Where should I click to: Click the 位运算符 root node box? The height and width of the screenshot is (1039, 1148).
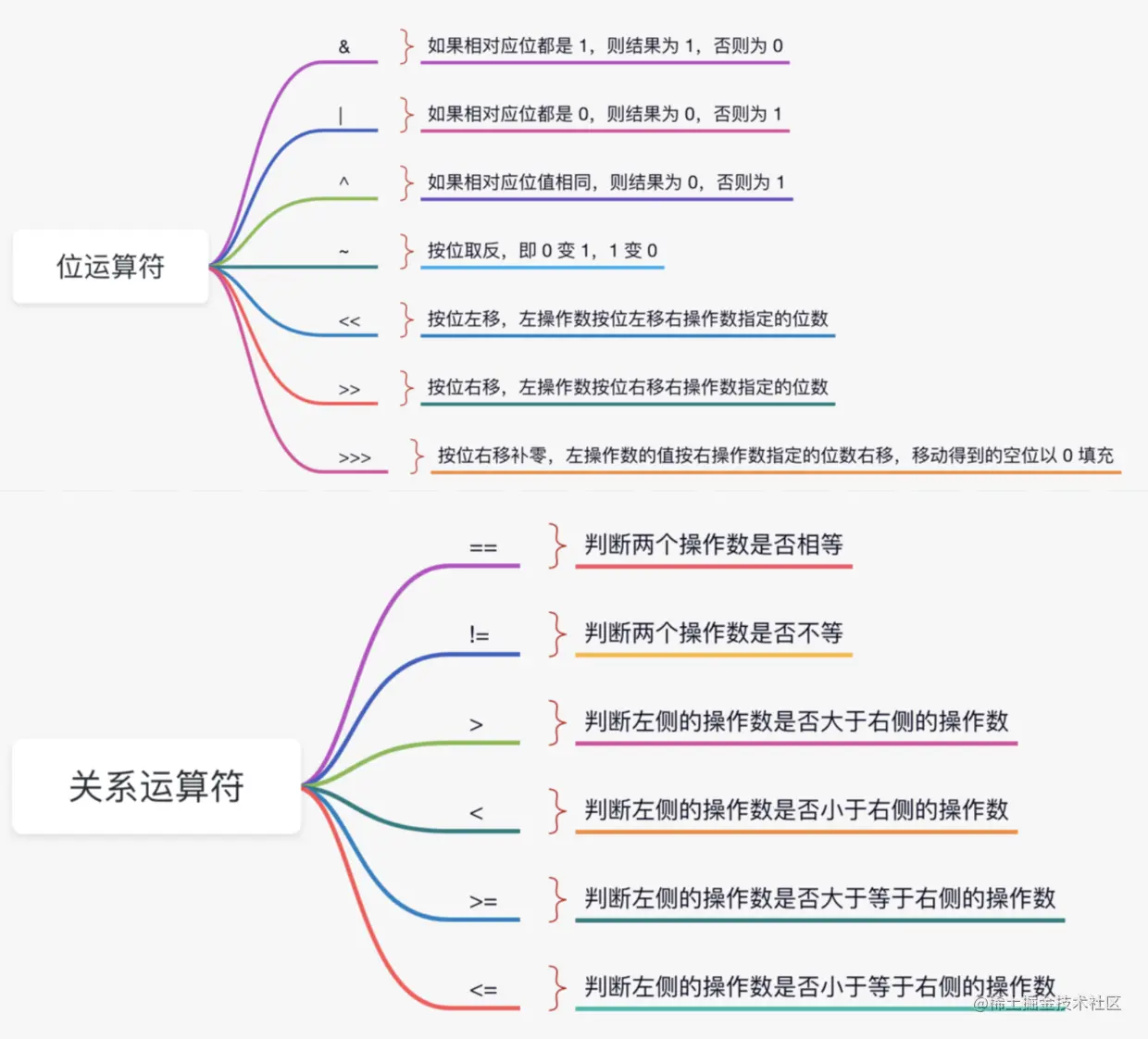click(x=110, y=267)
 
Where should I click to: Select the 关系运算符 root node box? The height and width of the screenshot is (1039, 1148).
click(x=156, y=786)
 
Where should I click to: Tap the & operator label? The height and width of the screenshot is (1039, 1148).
click(x=344, y=46)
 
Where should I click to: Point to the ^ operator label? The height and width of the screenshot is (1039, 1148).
click(x=343, y=182)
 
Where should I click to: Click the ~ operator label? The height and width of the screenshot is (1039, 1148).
click(x=343, y=251)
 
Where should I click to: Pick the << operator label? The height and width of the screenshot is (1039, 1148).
click(x=349, y=321)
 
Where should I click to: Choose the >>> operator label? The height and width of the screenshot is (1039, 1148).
click(x=355, y=457)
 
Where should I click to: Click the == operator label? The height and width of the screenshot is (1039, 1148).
click(x=483, y=547)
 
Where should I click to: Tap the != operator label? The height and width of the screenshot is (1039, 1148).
click(x=479, y=635)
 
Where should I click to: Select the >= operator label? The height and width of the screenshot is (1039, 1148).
click(x=483, y=901)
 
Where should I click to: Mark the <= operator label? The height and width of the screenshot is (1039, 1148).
click(x=483, y=989)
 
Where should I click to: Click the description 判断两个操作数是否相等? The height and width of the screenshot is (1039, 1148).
click(x=714, y=545)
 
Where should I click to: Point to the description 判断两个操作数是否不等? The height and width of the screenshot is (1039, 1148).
click(x=714, y=633)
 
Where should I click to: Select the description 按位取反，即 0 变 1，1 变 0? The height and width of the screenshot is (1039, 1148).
click(x=543, y=251)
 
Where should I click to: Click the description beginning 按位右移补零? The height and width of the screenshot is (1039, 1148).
click(x=776, y=456)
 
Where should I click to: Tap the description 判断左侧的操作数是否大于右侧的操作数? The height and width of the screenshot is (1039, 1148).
click(x=796, y=721)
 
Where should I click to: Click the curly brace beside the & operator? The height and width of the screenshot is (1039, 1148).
click(x=406, y=46)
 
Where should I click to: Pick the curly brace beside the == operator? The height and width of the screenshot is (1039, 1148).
click(x=556, y=545)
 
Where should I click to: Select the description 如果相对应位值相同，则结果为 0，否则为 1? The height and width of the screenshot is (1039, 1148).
click(x=605, y=182)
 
